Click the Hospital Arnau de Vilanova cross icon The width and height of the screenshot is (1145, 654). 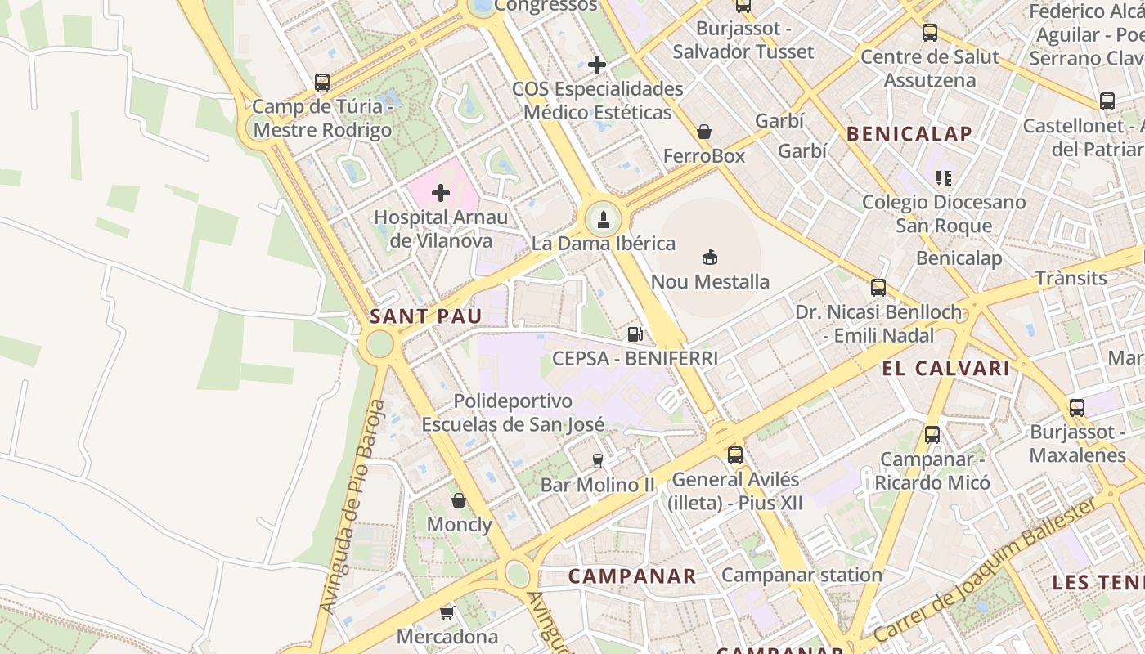pyautogui.click(x=441, y=193)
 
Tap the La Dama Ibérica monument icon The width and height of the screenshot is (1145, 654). pyautogui.click(x=604, y=219)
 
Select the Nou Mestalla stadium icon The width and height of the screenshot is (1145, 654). pyautogui.click(x=710, y=258)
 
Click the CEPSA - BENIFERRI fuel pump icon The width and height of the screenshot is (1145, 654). pyautogui.click(x=635, y=334)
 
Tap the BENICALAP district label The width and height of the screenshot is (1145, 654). pyautogui.click(x=909, y=134)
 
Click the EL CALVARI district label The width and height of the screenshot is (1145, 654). pyautogui.click(x=945, y=369)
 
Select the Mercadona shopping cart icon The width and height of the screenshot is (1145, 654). pyautogui.click(x=447, y=611)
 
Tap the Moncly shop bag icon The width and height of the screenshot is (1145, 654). pyautogui.click(x=459, y=500)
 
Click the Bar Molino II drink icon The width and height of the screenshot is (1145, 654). pyautogui.click(x=598, y=460)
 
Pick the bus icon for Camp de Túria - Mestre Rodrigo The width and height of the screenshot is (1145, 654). pyautogui.click(x=322, y=83)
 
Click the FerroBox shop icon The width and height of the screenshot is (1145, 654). pyautogui.click(x=703, y=132)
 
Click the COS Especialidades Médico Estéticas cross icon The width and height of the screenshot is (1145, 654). pyautogui.click(x=597, y=64)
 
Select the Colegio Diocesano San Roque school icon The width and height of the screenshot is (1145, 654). pyautogui.click(x=944, y=177)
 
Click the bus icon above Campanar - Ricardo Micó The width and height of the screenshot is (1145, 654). pyautogui.click(x=932, y=435)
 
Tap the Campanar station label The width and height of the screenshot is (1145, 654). pyautogui.click(x=801, y=575)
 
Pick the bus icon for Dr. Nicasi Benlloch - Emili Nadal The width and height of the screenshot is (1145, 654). pyautogui.click(x=878, y=288)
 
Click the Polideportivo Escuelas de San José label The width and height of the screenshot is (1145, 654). pyautogui.click(x=513, y=413)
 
